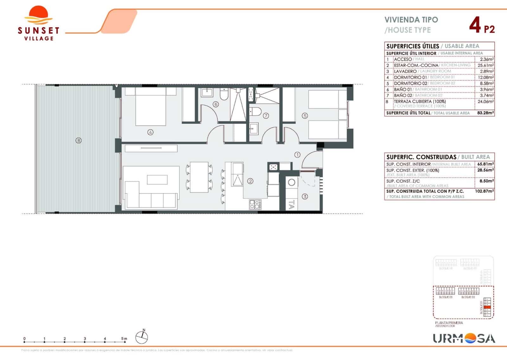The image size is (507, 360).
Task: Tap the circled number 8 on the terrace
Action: coord(79,141)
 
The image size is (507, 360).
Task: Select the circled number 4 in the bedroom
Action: coord(151,132)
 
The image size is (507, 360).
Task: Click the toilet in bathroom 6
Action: coord(224,95)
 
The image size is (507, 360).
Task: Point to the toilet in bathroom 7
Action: coord(255,112)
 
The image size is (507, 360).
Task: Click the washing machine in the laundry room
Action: coord(292,183)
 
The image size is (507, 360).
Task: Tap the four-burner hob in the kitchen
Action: coord(255,204)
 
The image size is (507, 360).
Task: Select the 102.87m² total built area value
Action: coord(485,192)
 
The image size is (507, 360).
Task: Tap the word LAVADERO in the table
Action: coord(405,71)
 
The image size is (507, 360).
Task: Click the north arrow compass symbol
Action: coord(142,337)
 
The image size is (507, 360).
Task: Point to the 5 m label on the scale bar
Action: coord(124,339)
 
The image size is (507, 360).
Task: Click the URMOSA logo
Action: coord(464,338)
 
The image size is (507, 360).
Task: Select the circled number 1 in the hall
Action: coord(297,155)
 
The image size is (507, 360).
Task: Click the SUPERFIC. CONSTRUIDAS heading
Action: coord(421,157)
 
